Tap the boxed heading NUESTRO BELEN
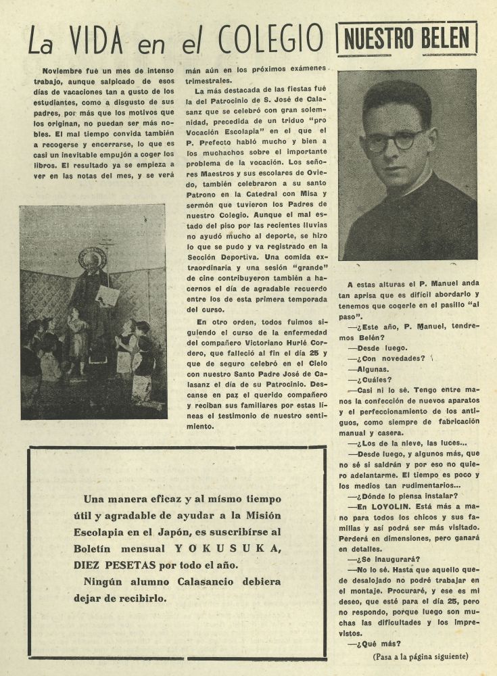(x=406, y=39)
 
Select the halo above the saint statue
(x=92, y=258)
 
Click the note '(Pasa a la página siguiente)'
(x=419, y=656)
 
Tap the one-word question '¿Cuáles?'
(x=369, y=379)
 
